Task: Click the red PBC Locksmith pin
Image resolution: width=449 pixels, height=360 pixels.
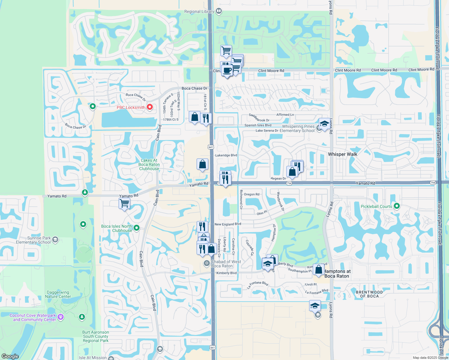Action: (149, 107)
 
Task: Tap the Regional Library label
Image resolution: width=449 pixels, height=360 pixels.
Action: (199, 12)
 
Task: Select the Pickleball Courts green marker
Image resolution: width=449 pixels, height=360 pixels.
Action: (397, 206)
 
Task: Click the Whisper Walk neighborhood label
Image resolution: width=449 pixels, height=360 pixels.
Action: (342, 154)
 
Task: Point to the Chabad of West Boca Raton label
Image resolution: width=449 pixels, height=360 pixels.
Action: (226, 264)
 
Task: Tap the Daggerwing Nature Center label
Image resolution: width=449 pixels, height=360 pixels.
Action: (58, 294)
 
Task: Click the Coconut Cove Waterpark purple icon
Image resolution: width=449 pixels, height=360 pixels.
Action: (61, 317)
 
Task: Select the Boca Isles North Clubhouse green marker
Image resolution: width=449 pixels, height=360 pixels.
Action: (137, 228)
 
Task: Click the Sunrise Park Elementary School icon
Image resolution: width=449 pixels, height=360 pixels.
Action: (55, 239)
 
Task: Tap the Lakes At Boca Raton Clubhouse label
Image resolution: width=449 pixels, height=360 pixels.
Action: (149, 164)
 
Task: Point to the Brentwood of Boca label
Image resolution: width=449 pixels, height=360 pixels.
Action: (369, 294)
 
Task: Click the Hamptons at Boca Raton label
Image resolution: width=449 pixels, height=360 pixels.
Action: (337, 274)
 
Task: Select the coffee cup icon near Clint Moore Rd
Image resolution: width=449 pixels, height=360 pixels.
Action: (227, 71)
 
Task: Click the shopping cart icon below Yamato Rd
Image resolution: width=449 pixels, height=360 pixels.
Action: (124, 204)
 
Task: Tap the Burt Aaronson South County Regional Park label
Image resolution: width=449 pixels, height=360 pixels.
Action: (96, 336)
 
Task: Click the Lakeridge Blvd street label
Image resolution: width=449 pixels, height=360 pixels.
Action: (226, 155)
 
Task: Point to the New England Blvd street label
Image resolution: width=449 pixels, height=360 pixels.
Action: (228, 224)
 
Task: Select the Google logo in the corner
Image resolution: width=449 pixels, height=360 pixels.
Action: (10, 356)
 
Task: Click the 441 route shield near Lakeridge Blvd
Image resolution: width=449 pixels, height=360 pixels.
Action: (211, 147)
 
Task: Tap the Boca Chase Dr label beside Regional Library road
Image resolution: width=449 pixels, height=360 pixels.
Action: (194, 88)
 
